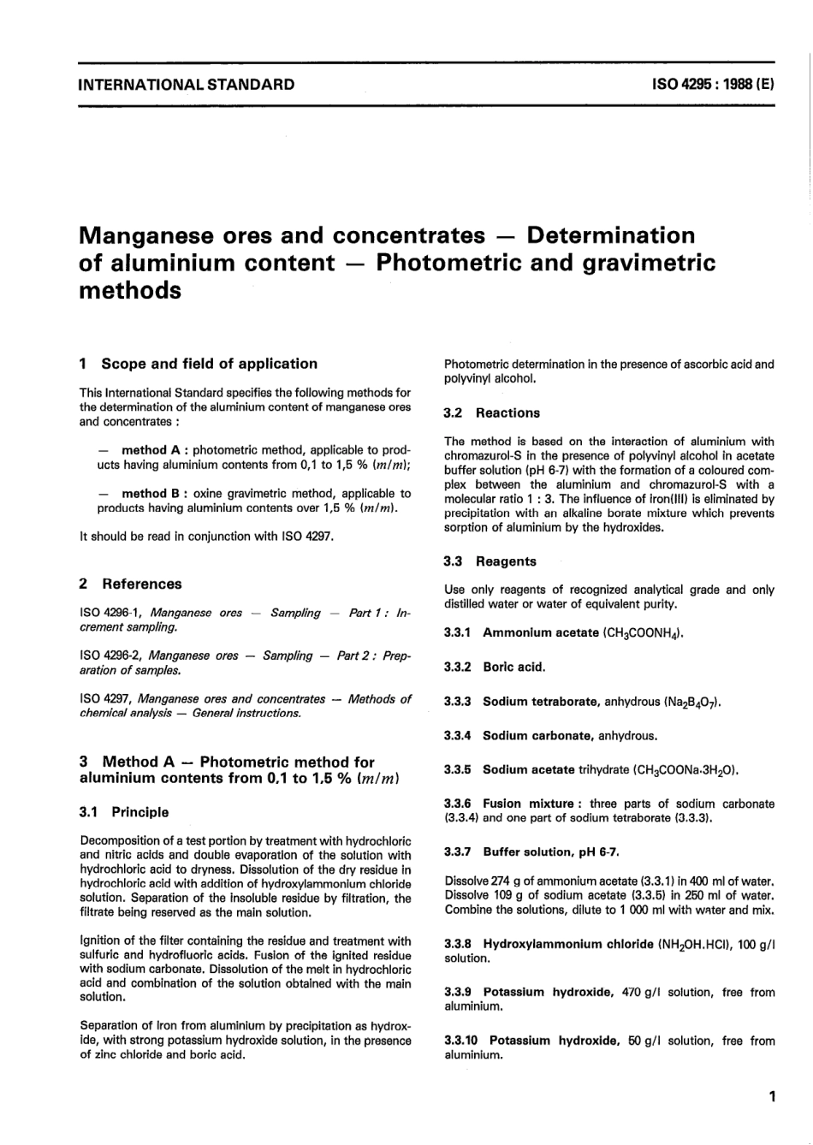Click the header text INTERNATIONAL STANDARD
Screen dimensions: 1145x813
pos(186,85)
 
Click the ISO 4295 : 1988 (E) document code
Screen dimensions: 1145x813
pos(714,85)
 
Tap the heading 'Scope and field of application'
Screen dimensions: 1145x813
pos(209,364)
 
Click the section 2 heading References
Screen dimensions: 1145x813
pos(141,584)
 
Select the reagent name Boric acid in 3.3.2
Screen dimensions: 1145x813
pos(513,667)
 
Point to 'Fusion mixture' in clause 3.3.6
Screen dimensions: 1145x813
pos(528,804)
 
